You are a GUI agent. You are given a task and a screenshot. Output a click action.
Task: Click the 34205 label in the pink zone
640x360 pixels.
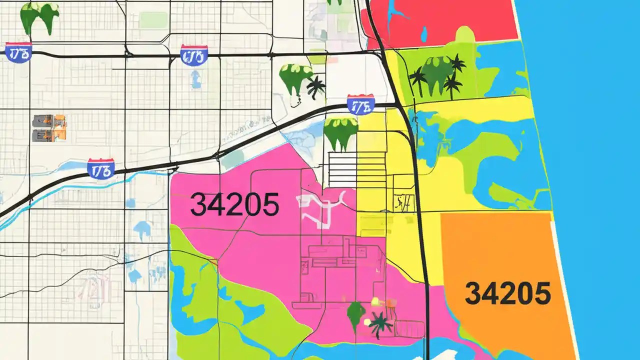coord(234,204)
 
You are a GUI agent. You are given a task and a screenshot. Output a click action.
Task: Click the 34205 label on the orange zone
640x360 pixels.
coord(507,293)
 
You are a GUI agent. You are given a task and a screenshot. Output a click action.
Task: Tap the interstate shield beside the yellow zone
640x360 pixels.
coord(360,104)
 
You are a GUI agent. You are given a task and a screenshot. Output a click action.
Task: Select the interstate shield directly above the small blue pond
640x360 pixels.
coord(194,55)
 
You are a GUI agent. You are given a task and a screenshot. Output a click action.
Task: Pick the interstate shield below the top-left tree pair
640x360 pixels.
coord(19,52)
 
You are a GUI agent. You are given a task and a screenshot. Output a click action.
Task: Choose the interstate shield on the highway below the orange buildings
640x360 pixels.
coord(100,169)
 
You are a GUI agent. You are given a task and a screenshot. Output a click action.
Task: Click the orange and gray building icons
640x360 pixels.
coord(49,127)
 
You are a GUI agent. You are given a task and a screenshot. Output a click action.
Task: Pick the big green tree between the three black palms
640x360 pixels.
coord(436,75)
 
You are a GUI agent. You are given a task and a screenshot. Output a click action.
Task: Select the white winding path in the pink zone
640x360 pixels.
coord(320,207)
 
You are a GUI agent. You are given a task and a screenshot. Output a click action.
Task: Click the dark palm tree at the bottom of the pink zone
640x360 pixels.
coord(380,324)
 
